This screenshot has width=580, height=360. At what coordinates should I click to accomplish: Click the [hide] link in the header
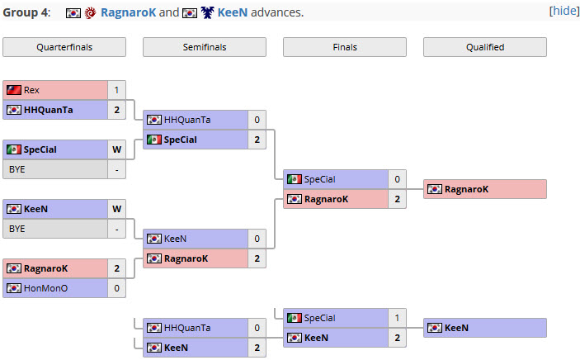point(564,11)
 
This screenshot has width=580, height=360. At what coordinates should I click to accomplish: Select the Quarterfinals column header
point(64,47)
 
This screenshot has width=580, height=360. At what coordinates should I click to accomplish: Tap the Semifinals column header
point(205,47)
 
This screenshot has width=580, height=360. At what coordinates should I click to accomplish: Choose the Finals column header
point(345,47)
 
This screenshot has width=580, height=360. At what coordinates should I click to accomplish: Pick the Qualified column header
point(485,47)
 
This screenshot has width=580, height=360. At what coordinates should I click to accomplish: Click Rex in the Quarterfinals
point(31,90)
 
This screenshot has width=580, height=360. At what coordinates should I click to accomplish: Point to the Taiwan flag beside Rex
point(14,90)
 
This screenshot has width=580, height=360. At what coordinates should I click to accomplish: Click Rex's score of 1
point(116,90)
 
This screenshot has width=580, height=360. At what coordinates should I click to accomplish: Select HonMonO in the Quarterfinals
point(46,288)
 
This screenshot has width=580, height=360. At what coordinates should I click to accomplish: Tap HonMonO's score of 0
point(116,288)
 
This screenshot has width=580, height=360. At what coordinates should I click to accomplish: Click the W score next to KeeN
point(116,209)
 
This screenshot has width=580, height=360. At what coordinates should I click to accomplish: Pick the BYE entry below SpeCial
point(17,169)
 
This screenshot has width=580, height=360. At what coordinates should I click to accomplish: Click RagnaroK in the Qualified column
point(466,189)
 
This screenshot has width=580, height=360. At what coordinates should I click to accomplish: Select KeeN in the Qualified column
point(456,328)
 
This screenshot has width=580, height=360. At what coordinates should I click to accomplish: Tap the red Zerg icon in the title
point(90,13)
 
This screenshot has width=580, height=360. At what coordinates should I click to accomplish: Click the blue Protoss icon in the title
point(208,13)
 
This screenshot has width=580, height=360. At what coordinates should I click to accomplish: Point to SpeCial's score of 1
point(397,318)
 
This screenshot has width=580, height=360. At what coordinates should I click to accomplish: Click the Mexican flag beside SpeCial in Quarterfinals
point(14,149)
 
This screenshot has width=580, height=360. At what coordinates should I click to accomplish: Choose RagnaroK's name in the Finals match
point(326,199)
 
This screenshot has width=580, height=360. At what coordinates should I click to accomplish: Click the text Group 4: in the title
point(26,12)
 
